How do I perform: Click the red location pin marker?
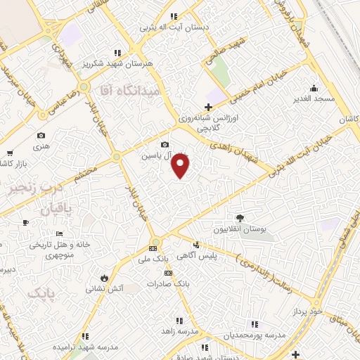coord(181,166)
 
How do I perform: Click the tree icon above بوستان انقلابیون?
coord(240,218)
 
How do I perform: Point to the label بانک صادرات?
coord(169,284)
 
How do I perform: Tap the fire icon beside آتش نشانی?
coord(104,277)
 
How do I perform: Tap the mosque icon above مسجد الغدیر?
coord(313,89)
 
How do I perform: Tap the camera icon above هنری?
coord(41,136)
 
